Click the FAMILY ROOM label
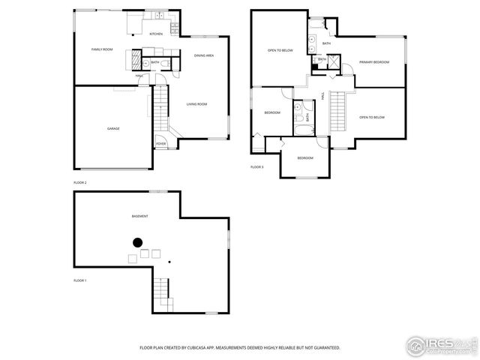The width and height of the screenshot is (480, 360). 102,49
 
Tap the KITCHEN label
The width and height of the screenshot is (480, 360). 156,34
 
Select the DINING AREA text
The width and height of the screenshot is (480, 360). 204,55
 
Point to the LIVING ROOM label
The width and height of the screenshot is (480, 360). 196,104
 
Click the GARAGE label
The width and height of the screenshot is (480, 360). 112,128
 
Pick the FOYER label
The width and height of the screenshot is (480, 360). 160,143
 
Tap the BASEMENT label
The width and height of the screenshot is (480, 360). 139,216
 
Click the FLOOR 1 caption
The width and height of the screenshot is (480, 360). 80,280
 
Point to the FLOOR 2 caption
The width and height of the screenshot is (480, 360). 80,183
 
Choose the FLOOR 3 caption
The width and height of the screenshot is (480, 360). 257,166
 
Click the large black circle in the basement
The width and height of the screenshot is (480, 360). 137,242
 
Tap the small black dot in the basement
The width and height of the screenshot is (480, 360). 169,262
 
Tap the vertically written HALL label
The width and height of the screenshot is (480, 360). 322,96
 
